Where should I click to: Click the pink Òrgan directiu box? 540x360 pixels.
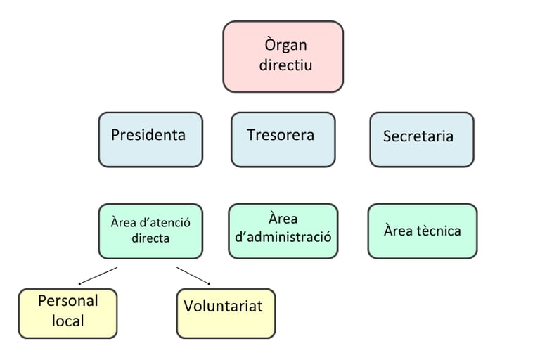tap(283, 56)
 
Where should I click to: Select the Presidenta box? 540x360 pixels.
tap(150, 139)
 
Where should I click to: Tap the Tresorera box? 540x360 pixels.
tap(283, 139)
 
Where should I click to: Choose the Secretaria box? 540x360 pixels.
tap(422, 139)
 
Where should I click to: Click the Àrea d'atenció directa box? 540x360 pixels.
tap(150, 231)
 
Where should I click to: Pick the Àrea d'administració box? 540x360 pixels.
tap(283, 231)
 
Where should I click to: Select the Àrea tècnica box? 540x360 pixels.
tap(423, 231)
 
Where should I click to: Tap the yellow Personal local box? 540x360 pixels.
tap(67, 314)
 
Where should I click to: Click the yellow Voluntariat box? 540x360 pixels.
tap(226, 314)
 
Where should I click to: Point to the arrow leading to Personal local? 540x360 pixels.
tap(98, 276)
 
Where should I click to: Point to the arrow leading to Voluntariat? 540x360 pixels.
tap(193, 276)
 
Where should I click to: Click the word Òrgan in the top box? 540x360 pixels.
tap(285, 45)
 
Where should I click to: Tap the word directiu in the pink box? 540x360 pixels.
tap(286, 65)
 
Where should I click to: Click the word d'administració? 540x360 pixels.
tap(283, 237)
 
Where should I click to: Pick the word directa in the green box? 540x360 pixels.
tap(150, 238)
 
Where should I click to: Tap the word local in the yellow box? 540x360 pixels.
tap(67, 321)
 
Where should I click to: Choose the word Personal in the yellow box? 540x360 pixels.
tap(68, 301)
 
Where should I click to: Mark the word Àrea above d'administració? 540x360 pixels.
tap(283, 219)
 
